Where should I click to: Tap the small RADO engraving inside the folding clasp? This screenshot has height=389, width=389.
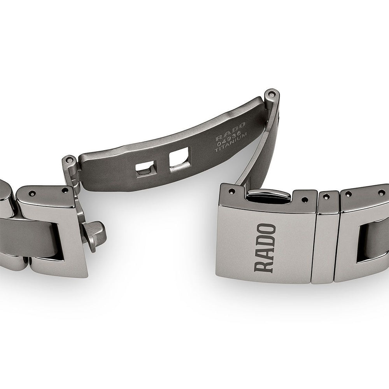pyautogui.click(x=230, y=131)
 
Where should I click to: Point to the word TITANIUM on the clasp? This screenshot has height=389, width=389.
pyautogui.click(x=231, y=143)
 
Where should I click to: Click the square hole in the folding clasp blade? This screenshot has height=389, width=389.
pyautogui.click(x=179, y=159)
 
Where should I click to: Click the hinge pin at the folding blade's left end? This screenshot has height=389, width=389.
pyautogui.click(x=70, y=161)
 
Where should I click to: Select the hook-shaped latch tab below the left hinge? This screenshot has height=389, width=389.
pyautogui.click(x=94, y=235)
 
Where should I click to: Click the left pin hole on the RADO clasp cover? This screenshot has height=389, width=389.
pyautogui.click(x=232, y=191)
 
